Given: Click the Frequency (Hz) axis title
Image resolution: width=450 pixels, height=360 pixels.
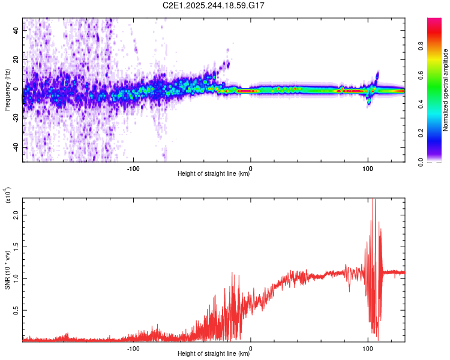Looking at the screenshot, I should click(7, 90).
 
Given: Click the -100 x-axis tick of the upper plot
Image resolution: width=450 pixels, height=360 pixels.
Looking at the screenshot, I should click(133, 168).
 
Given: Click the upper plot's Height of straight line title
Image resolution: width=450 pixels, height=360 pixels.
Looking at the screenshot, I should click(214, 175).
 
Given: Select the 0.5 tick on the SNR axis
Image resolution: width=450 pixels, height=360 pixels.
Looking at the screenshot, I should click(16, 310).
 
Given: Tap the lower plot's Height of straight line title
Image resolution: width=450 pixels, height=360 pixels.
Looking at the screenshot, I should click(214, 354).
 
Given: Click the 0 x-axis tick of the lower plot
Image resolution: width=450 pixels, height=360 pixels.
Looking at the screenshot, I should click(250, 347).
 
